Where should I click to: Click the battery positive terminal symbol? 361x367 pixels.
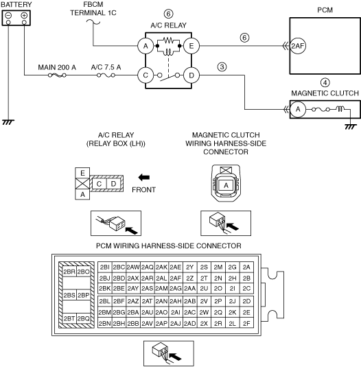click(x=24, y=16)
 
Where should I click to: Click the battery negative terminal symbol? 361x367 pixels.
click(x=8, y=16)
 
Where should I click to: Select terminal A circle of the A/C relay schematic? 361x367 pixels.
click(x=145, y=46)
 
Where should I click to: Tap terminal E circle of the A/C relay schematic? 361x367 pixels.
click(x=191, y=46)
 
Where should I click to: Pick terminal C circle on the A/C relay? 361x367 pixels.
click(x=145, y=75)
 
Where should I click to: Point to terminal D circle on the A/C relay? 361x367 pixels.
click(x=191, y=75)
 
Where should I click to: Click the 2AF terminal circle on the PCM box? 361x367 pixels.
click(x=298, y=46)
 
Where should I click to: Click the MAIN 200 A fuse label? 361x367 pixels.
click(x=57, y=67)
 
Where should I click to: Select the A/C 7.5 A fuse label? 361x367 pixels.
click(x=106, y=67)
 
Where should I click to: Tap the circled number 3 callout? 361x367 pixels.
click(x=222, y=67)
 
